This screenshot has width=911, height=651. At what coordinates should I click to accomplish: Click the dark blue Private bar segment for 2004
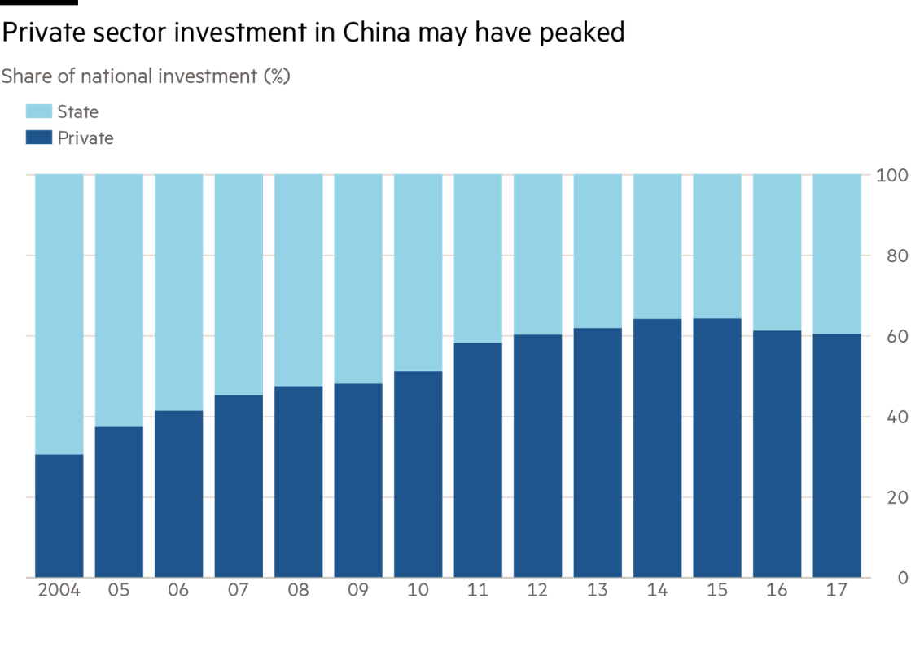coord(59,515)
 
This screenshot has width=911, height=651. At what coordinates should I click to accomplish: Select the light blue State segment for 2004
coord(59,313)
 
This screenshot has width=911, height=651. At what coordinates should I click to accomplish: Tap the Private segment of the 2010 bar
coord(418,474)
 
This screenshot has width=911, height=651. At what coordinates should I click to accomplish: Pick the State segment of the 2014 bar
coord(657,246)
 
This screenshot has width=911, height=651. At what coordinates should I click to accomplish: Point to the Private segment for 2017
coord(837,455)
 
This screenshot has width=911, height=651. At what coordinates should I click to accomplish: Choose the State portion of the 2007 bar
coord(239,284)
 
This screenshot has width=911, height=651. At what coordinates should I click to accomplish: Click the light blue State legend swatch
coord(38,112)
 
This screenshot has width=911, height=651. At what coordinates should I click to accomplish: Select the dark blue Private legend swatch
coord(38,138)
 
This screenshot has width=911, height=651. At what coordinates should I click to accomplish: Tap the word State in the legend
coord(77,112)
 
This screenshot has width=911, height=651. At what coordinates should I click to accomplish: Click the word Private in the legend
coord(85,138)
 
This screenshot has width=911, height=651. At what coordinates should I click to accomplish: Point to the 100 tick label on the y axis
coord(889,175)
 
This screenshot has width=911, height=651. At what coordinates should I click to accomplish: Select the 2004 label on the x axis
coord(59,591)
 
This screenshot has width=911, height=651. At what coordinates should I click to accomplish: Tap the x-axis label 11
coord(478,591)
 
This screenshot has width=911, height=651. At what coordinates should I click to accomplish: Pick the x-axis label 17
coord(837,591)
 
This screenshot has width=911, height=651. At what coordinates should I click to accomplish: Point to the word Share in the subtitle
coord(22,76)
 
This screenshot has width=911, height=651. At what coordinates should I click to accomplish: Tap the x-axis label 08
coord(298,591)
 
